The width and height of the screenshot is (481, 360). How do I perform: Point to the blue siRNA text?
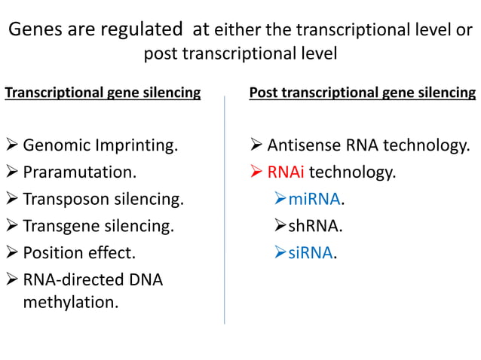(311, 252)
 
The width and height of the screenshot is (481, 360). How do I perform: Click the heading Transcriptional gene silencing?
(103, 93)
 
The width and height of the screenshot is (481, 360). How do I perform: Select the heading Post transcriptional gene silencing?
(362, 93)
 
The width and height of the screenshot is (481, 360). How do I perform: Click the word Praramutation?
(79, 172)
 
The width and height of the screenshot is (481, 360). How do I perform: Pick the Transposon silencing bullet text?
(103, 199)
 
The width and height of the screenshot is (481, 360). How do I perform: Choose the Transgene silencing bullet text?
(98, 225)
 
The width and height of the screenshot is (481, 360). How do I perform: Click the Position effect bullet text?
(79, 252)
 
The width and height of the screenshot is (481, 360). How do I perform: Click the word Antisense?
(300, 145)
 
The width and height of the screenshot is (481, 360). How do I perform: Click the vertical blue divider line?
(225, 211)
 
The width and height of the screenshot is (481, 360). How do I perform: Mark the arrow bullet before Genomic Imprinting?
(11, 145)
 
